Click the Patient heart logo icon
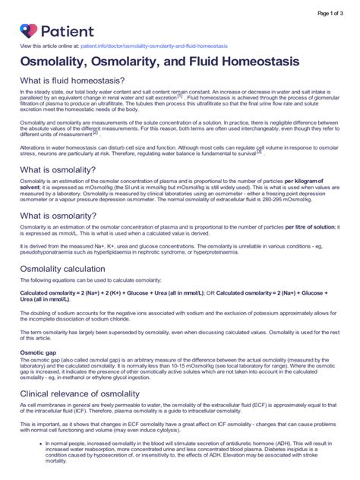(x=29, y=31)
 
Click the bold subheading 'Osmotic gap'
(x=40, y=352)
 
